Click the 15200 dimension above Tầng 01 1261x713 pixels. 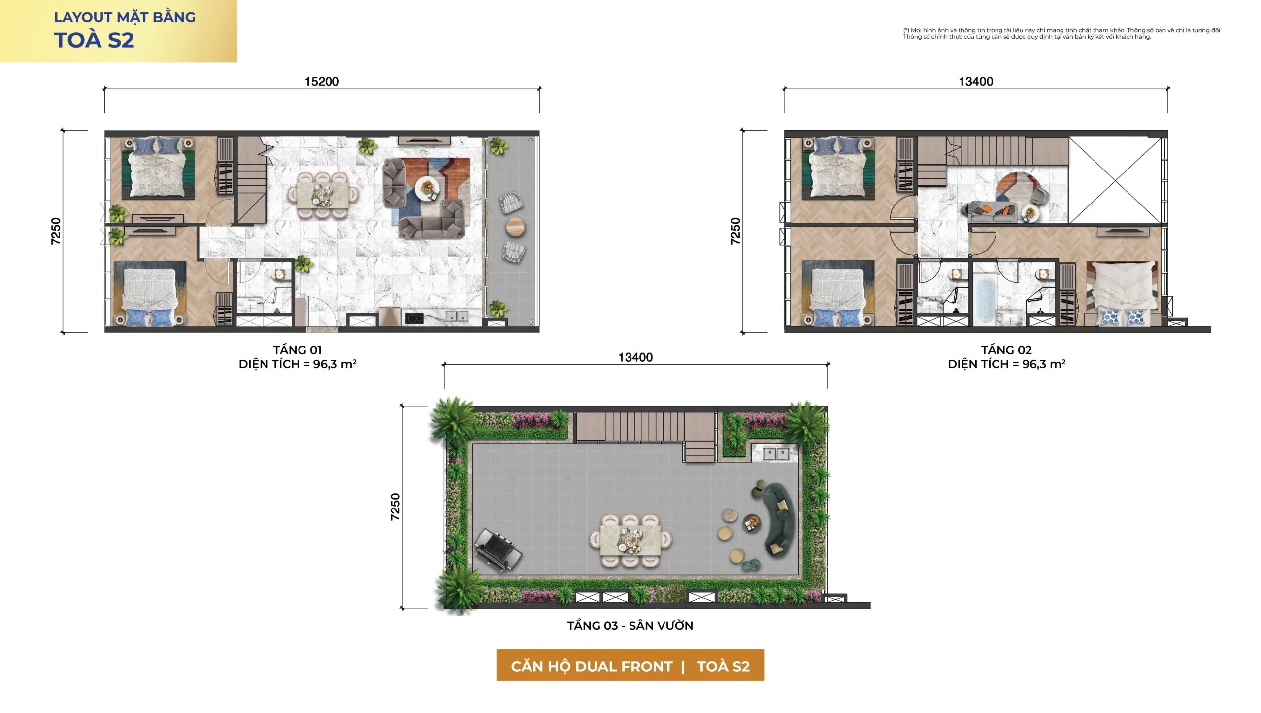point(322,82)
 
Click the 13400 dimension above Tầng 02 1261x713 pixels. point(975,82)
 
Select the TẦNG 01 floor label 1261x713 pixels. point(297,350)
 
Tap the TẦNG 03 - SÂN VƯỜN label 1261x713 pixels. point(630,625)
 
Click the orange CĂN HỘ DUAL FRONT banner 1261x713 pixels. point(630,665)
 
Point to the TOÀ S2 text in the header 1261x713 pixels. point(94,40)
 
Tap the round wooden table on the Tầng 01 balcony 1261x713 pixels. point(515,227)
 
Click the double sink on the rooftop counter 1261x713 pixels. point(776,453)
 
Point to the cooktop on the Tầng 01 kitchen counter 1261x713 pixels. point(414,318)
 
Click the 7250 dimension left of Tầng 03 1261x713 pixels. point(395,507)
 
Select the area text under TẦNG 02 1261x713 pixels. point(1006,364)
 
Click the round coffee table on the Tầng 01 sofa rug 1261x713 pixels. point(427,188)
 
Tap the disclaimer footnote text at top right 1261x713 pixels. point(1062,34)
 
